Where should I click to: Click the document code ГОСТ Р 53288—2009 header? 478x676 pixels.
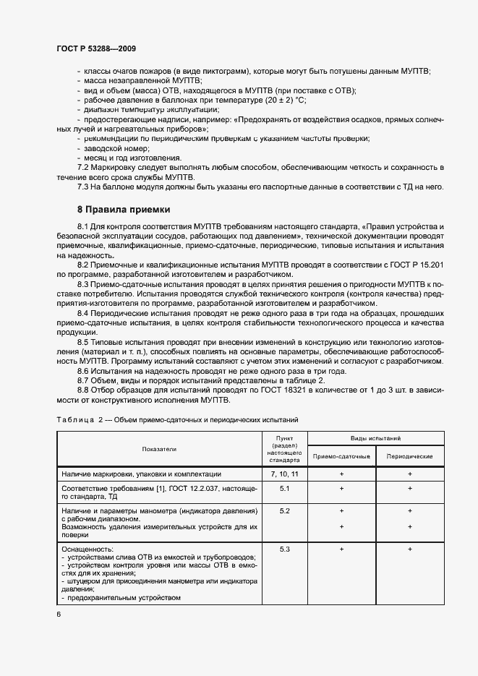pyautogui.click(x=95, y=48)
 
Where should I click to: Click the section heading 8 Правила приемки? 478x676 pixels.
pyautogui.click(x=124, y=210)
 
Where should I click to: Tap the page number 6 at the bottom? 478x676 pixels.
pyautogui.click(x=59, y=614)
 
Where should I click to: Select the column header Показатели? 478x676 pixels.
pyautogui.click(x=159, y=449)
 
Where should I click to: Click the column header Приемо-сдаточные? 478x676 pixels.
pyautogui.click(x=341, y=457)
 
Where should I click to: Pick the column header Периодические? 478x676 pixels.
pyautogui.click(x=410, y=457)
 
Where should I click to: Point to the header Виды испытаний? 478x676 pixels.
pyautogui.click(x=375, y=439)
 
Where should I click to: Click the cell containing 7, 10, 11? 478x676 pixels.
pyautogui.click(x=283, y=474)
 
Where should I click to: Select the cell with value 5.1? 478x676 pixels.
pyautogui.click(x=283, y=489)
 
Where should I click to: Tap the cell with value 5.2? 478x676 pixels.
pyautogui.click(x=283, y=511)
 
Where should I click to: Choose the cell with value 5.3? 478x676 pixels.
pyautogui.click(x=283, y=549)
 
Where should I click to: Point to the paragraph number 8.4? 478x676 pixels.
pyautogui.click(x=84, y=312)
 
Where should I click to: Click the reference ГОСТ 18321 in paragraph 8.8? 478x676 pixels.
pyautogui.click(x=291, y=390)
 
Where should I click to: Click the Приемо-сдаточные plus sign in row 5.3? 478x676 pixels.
pyautogui.click(x=341, y=549)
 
